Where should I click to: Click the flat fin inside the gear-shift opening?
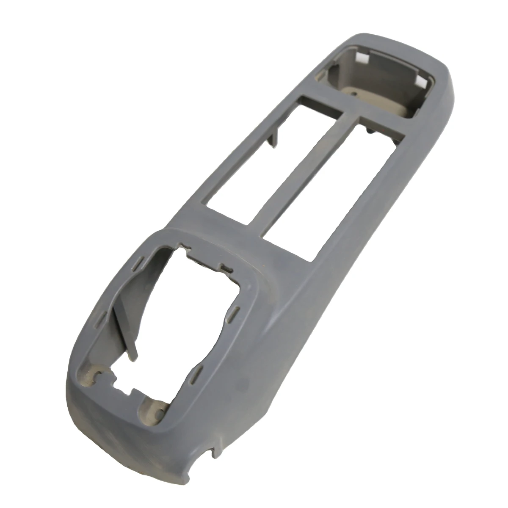(125, 326)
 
